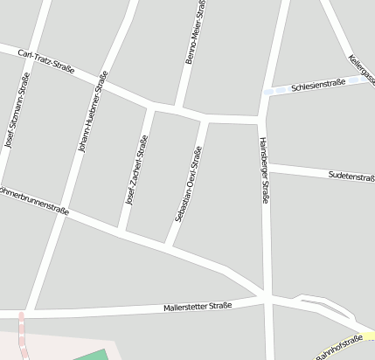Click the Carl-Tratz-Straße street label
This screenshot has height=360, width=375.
point(46,61)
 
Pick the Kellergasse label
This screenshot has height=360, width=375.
point(362,70)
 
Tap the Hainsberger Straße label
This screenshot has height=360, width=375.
point(263,170)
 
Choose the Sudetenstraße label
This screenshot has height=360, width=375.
point(351,177)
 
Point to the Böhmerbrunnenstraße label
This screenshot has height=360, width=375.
point(35,198)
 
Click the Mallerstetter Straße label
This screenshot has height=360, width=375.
point(198,307)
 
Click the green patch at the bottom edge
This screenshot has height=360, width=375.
point(92,356)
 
